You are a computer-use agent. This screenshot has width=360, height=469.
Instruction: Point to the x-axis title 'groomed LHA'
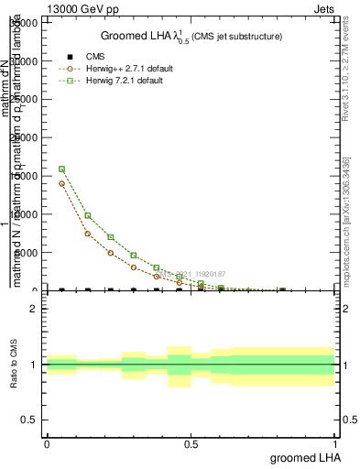304,457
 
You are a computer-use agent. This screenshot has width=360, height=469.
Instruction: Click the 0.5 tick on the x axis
191,442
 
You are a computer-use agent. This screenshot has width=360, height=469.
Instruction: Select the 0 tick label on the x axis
47,442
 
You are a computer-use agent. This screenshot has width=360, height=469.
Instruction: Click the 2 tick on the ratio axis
34,309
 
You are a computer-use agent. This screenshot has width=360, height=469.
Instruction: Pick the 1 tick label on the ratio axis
34,365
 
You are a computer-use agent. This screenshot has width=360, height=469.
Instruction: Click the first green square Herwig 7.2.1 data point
61,169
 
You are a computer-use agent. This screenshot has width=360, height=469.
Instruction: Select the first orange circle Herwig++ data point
61,183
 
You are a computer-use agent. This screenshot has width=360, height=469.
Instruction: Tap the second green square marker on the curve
87,215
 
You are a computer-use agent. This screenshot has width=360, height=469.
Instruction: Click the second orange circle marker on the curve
87,234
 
